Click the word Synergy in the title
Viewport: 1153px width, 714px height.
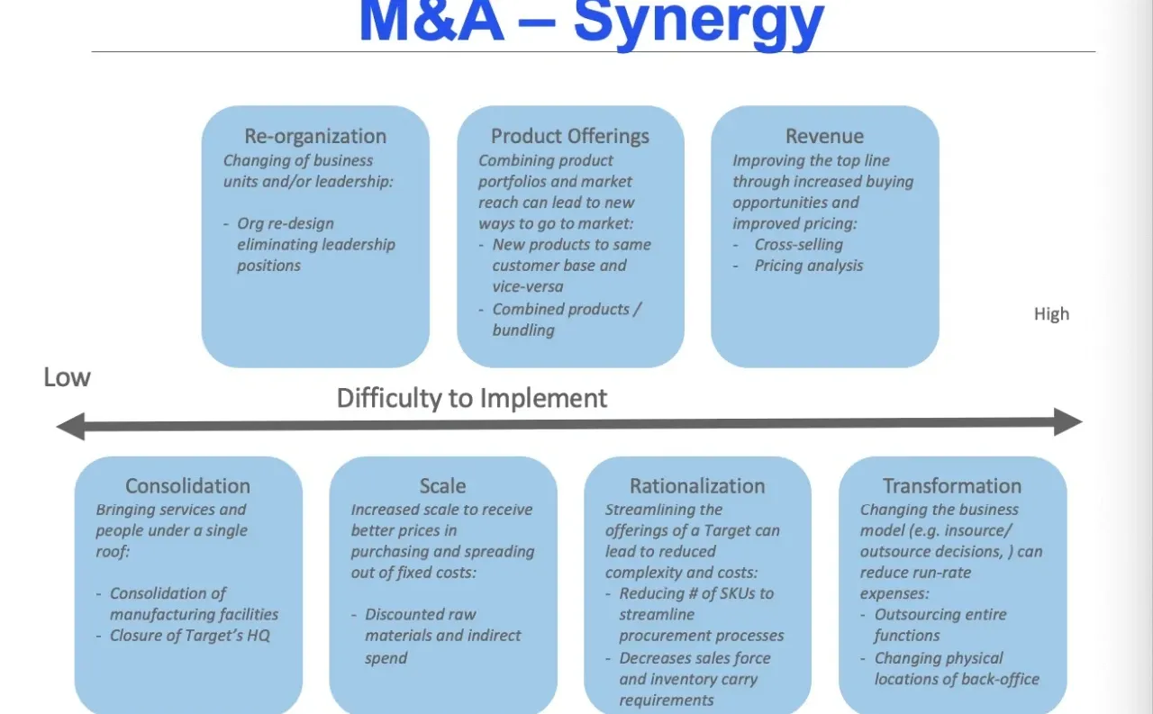click(x=698, y=23)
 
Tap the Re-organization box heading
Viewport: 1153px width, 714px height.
click(x=315, y=136)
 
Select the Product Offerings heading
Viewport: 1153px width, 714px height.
click(x=570, y=136)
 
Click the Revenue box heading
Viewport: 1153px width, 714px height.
click(x=824, y=136)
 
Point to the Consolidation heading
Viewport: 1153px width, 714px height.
click(x=188, y=486)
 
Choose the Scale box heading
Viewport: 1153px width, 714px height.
click(x=442, y=486)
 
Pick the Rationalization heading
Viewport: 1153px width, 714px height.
click(x=697, y=486)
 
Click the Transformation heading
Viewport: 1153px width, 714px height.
click(x=952, y=486)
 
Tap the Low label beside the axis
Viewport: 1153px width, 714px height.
click(x=67, y=377)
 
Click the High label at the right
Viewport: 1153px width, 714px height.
click(x=1051, y=314)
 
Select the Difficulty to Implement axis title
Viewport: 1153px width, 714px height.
click(x=472, y=398)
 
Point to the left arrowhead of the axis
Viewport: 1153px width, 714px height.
click(x=70, y=427)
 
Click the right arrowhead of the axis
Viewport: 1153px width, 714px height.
click(x=1068, y=422)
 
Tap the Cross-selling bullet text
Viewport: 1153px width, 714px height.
click(x=798, y=244)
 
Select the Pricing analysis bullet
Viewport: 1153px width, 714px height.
click(x=809, y=266)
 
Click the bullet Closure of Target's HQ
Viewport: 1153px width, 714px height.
click(x=189, y=636)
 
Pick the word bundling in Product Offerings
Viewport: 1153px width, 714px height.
click(x=523, y=330)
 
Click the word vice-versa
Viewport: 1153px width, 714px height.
click(x=528, y=286)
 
